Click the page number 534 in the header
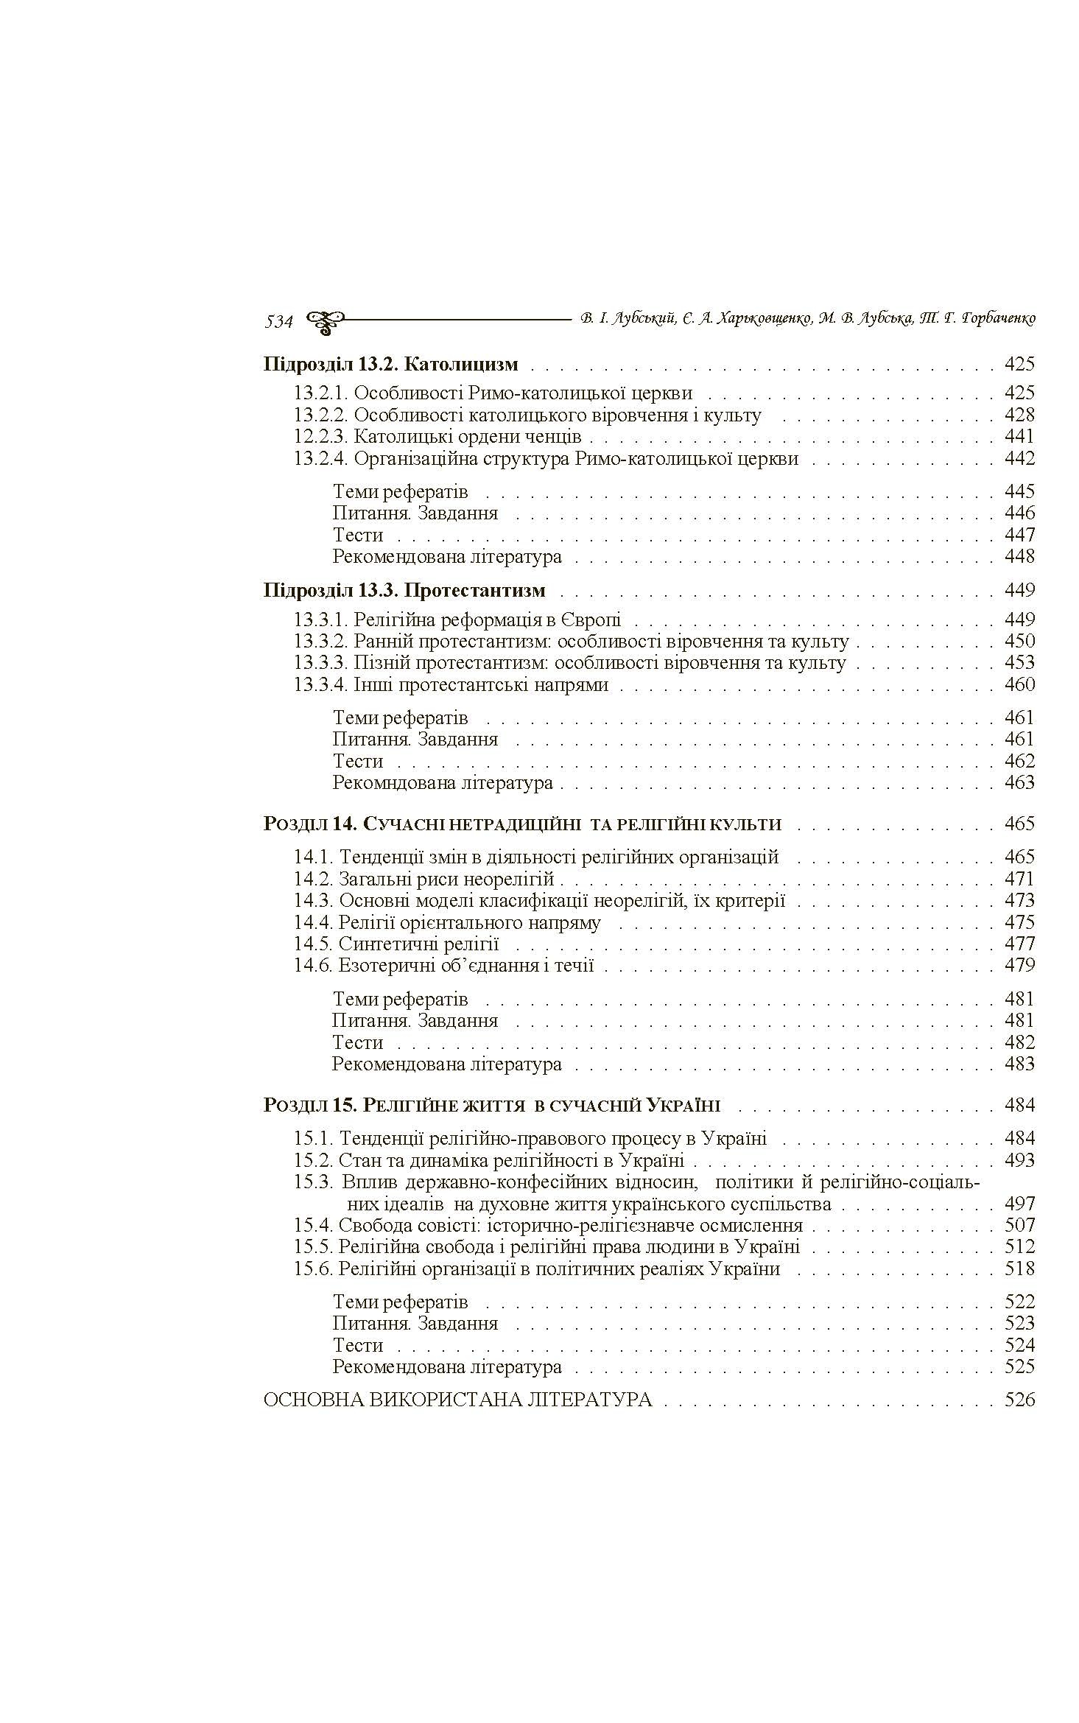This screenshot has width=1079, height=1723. (x=278, y=322)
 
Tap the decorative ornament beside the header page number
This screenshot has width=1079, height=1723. (x=325, y=320)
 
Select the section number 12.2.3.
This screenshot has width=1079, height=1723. (x=320, y=437)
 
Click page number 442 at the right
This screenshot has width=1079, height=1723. (x=1019, y=458)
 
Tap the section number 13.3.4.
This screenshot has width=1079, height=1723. (x=320, y=685)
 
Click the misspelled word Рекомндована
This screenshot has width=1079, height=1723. (x=393, y=782)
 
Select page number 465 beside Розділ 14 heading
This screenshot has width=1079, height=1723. (x=1019, y=824)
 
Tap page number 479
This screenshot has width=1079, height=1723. (x=1019, y=965)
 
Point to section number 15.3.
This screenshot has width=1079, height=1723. (x=314, y=1182)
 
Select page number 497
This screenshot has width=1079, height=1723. (x=1019, y=1204)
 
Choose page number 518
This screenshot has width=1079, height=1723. (x=1019, y=1268)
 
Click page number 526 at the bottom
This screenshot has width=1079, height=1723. (x=1019, y=1400)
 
